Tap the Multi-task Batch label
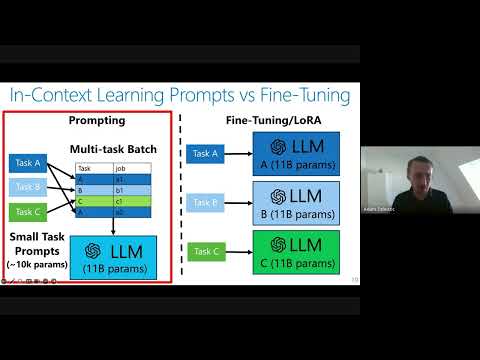tap(113, 149)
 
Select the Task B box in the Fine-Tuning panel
tap(202, 203)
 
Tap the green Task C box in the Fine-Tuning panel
tap(202, 251)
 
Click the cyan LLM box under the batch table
tap(115, 256)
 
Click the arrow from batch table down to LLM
tap(115, 226)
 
